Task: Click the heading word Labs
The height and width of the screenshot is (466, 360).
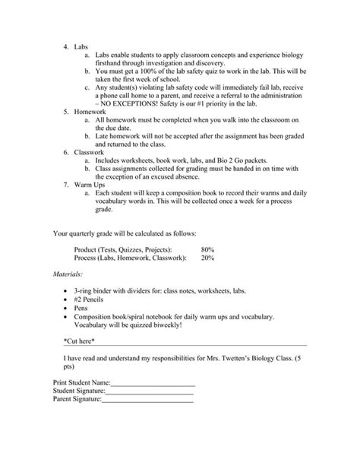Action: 81,46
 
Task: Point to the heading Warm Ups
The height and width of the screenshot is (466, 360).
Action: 91,185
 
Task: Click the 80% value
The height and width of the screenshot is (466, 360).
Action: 207,249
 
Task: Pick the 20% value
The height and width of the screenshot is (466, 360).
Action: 207,258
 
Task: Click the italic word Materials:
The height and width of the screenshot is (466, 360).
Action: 68,274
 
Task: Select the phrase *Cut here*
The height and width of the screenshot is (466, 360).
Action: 81,342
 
